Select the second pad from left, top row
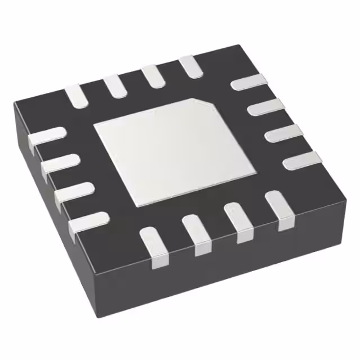point(114,85)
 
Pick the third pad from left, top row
point(152,76)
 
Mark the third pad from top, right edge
point(282,134)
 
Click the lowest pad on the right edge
point(301,162)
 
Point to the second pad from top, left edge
point(60,164)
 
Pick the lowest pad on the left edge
point(88,223)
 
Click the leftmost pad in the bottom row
point(153,245)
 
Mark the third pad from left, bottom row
point(238,223)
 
